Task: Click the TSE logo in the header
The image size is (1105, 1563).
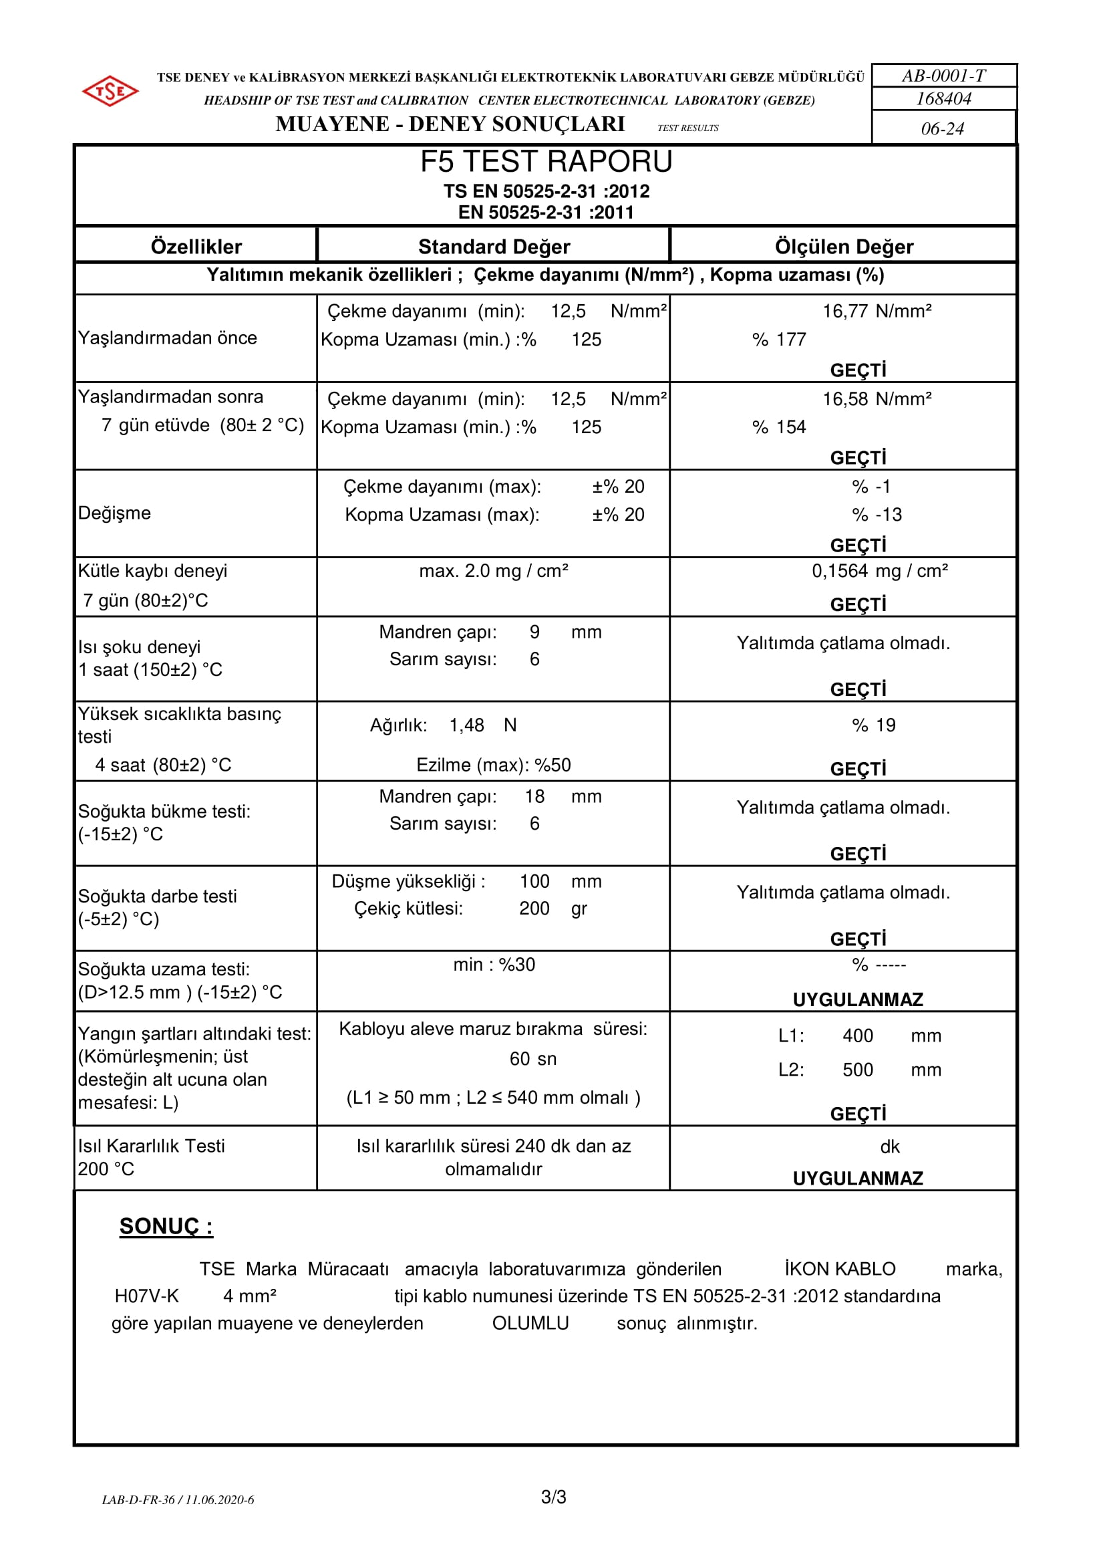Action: (110, 90)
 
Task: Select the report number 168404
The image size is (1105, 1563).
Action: (943, 99)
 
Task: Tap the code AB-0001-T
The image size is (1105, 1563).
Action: (943, 76)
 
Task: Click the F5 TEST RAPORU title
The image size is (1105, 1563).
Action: (546, 162)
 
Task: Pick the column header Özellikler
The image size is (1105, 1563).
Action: (196, 247)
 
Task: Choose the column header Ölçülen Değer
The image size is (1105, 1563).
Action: (844, 247)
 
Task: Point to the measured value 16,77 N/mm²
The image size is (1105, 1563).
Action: (877, 311)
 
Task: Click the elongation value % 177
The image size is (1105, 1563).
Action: (779, 339)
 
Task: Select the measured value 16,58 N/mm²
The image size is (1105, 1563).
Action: (877, 399)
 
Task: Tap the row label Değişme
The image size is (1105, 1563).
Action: (114, 513)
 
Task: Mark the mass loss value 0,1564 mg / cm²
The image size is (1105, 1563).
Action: (879, 570)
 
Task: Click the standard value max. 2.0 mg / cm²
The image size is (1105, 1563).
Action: (493, 570)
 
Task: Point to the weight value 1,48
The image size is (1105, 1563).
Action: (466, 725)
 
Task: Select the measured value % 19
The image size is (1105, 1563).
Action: (874, 725)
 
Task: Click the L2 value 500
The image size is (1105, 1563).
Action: (857, 1070)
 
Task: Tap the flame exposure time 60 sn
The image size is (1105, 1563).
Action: (532, 1058)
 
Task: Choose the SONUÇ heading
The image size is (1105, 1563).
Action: (166, 1226)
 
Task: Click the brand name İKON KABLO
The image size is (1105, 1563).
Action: (840, 1269)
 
